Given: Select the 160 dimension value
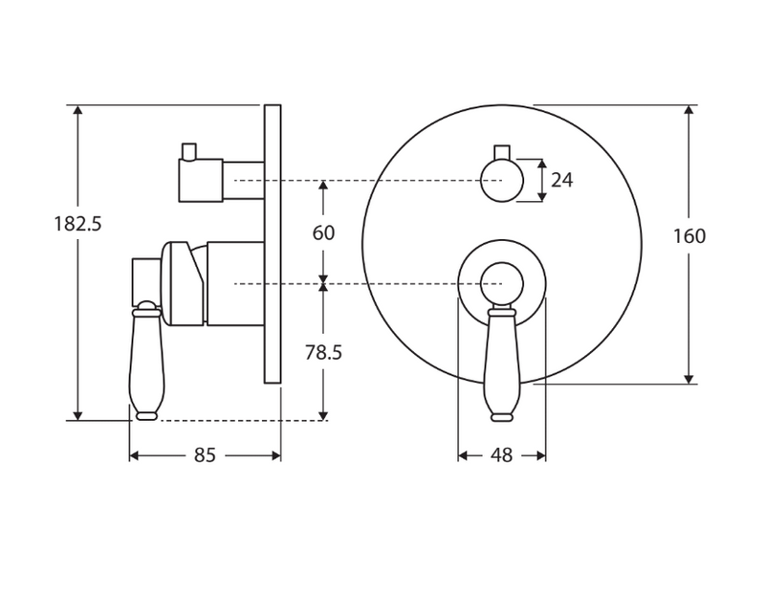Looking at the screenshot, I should pos(688,236).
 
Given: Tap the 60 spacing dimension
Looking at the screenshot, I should pos(324,231).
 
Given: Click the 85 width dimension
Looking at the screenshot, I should pos(205,455).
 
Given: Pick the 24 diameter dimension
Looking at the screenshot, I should pos(562,179).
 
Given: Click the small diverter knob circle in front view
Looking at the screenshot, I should pos(502,180).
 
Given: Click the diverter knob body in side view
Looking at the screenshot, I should pos(201,180).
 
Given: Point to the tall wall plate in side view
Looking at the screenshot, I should pos(272,244).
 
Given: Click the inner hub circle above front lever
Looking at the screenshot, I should pos(502,284).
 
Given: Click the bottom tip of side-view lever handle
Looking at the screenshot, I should pos(145,415).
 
